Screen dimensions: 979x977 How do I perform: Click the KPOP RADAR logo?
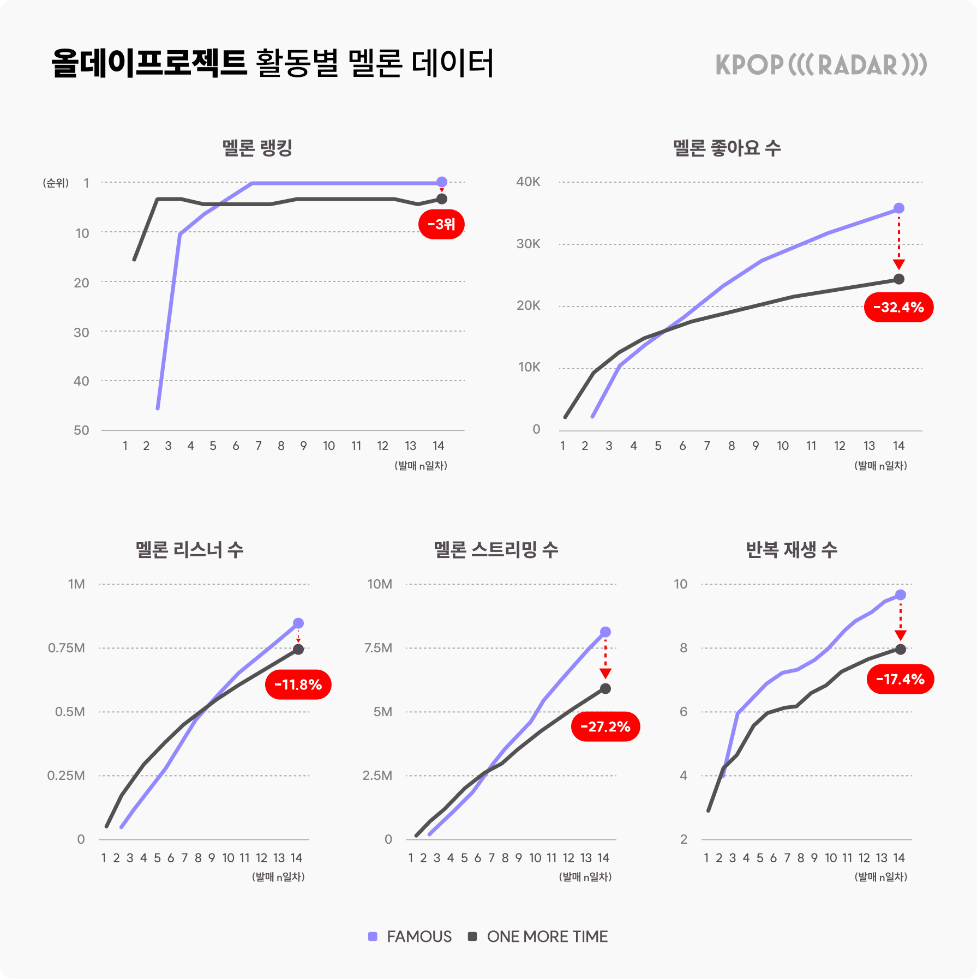[x=821, y=65]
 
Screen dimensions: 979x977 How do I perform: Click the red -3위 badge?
[x=441, y=224]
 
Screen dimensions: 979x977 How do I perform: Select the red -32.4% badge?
[x=898, y=307]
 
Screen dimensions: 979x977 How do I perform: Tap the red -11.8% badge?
[x=298, y=684]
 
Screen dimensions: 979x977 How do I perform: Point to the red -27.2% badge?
[x=605, y=726]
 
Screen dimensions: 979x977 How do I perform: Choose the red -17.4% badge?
[x=900, y=679]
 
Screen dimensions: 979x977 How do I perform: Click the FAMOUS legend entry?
[x=410, y=936]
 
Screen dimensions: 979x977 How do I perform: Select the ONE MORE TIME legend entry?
[x=538, y=936]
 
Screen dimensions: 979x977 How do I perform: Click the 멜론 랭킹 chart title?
[x=257, y=148]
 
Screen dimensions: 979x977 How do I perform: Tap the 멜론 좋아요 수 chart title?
[x=727, y=148]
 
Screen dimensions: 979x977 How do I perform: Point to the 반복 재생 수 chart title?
[x=791, y=549]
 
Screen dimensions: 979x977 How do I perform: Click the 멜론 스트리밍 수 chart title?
[x=496, y=549]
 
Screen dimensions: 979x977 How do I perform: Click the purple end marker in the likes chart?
[x=899, y=208]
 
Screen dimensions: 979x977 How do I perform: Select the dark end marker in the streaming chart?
[x=606, y=689]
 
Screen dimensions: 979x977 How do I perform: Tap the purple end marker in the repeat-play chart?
[x=901, y=595]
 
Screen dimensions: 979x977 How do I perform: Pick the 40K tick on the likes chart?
[x=528, y=182]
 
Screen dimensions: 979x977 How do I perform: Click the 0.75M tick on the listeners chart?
[x=67, y=648]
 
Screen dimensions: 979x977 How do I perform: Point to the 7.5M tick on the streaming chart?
[x=378, y=648]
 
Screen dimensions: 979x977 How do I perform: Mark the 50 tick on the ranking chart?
[x=81, y=430]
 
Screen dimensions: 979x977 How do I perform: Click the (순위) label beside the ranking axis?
[x=56, y=183]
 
